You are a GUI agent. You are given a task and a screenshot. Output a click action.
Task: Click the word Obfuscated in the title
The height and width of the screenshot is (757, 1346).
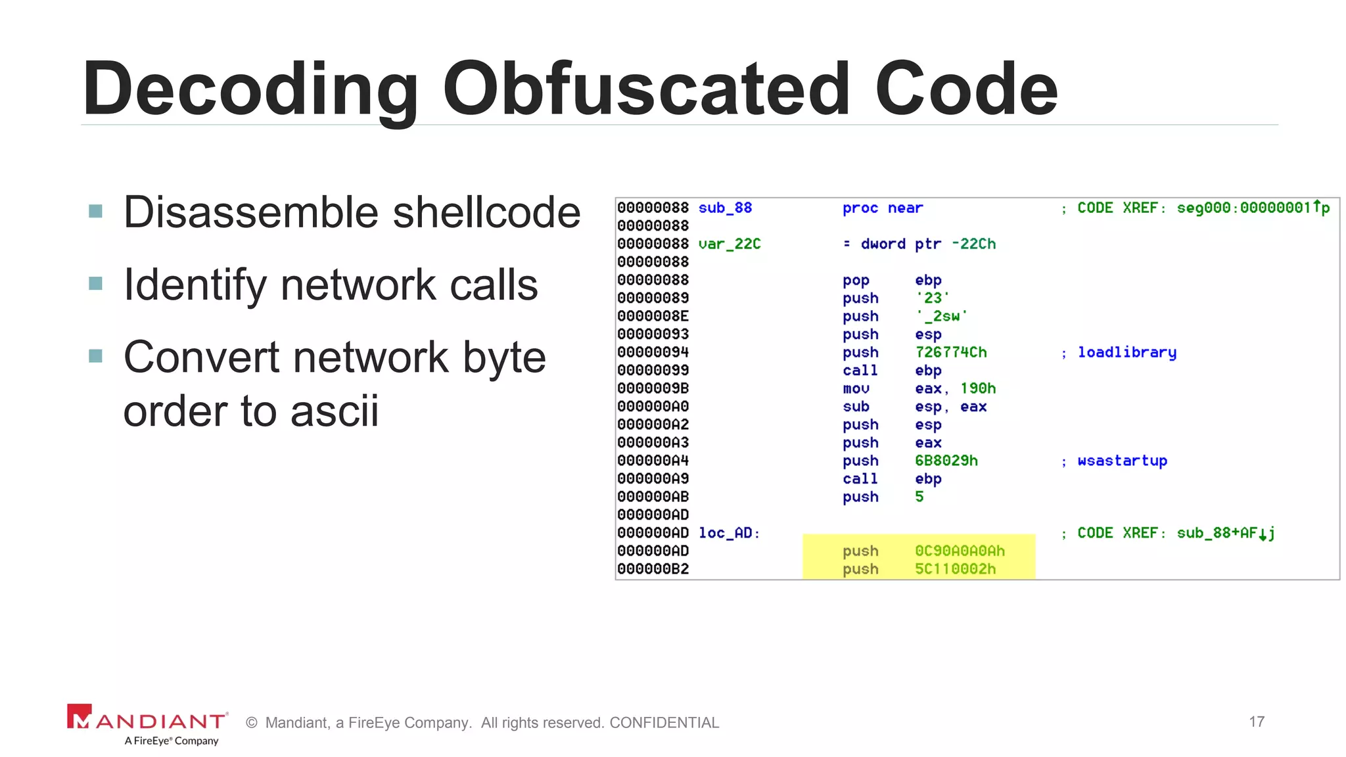pos(647,88)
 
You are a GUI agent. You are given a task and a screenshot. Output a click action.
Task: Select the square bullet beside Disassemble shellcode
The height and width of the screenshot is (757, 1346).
pos(96,211)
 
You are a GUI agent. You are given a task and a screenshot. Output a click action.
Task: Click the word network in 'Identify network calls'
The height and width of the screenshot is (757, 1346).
pos(358,285)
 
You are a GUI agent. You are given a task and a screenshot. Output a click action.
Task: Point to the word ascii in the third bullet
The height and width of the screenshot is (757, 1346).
pos(335,411)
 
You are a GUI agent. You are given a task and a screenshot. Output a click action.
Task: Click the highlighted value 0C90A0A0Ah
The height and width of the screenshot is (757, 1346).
pos(960,551)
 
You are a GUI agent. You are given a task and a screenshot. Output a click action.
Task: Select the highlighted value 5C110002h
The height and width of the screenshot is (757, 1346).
pos(955,569)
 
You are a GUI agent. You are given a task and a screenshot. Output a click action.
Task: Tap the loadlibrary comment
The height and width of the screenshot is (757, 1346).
pos(1126,352)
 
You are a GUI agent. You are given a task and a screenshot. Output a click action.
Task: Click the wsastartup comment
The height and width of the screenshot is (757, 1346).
pos(1122,461)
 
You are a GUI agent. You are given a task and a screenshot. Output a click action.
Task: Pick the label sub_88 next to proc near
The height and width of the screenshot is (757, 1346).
pos(725,208)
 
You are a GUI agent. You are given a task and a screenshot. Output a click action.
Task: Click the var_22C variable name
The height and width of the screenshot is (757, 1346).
pos(729,244)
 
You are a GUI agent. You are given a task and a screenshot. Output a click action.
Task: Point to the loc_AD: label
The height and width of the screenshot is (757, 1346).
pos(729,533)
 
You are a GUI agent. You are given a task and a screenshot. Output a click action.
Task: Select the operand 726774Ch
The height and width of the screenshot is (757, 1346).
pos(950,352)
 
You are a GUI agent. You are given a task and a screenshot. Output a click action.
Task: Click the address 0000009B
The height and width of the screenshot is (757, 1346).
pos(653,388)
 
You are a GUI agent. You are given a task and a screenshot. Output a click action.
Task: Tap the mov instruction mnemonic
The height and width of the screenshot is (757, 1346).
pos(856,388)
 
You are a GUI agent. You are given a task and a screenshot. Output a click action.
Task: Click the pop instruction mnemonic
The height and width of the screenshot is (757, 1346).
pos(856,281)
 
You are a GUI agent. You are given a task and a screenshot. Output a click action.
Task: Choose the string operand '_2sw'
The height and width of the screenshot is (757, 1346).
pos(941,316)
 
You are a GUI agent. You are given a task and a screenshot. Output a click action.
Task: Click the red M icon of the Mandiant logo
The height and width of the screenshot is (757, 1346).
pos(80,716)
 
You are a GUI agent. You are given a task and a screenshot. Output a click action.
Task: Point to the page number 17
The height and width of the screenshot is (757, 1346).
pos(1257,722)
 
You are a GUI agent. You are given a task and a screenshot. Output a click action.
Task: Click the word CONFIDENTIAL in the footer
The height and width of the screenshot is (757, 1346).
pos(664,723)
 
